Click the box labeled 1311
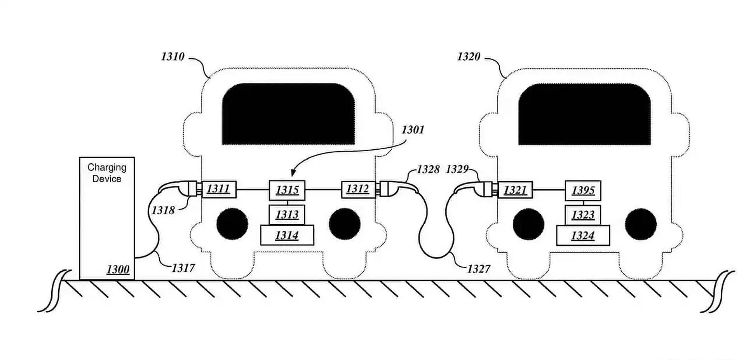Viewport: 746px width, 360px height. tap(219, 189)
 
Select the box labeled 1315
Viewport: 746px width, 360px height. tap(287, 190)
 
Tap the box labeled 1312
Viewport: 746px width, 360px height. tap(358, 189)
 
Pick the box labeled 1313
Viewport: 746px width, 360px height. tap(287, 215)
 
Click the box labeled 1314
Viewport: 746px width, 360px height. tap(287, 235)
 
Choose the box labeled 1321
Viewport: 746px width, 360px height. tap(515, 190)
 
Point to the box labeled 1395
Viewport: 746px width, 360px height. tap(583, 190)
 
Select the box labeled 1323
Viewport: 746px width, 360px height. tap(583, 215)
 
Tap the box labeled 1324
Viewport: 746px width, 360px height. tap(583, 236)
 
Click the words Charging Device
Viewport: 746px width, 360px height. tap(107, 173)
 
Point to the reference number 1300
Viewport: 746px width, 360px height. tap(118, 269)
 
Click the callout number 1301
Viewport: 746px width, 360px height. tap(413, 129)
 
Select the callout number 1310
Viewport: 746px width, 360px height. tap(173, 56)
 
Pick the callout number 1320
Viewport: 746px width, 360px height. tap(469, 56)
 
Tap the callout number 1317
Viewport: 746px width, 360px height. tap(183, 268)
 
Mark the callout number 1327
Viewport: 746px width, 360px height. tap(479, 269)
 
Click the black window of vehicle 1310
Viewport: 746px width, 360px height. tap(288, 114)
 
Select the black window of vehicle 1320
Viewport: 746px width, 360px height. tap(584, 114)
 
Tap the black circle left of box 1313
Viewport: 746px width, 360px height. tap(232, 224)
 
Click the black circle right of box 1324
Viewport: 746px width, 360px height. tap(641, 224)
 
